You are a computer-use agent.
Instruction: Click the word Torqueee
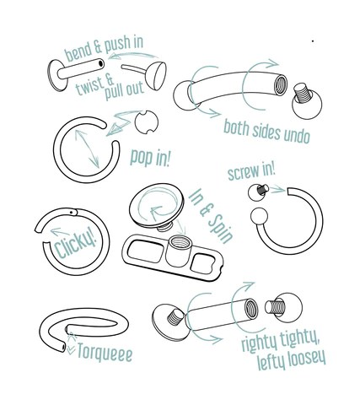105,352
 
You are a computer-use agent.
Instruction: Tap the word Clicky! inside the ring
75,243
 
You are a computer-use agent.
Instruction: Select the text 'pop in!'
150,158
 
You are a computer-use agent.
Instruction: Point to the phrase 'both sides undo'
266,132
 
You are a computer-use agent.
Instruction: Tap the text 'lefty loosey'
292,359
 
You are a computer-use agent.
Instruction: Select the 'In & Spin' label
211,216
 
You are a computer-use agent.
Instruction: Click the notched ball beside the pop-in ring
147,122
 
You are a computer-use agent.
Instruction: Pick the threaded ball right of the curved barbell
306,101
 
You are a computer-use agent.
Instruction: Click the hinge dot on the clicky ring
72,212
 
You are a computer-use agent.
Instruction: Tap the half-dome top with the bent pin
155,75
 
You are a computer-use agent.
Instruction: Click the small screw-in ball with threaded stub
258,192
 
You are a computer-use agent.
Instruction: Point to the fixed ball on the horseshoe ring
259,216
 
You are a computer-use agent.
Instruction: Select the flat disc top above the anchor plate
157,204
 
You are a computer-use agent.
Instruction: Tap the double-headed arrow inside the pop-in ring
87,148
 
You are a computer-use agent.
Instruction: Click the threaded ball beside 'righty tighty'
284,307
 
